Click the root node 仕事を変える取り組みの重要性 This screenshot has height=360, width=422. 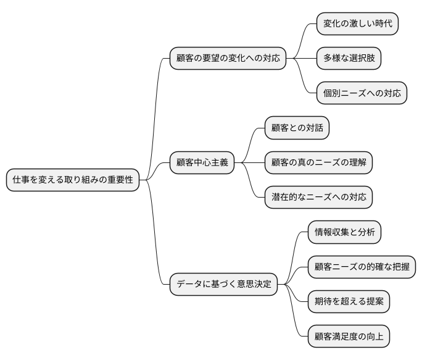(x=73, y=180)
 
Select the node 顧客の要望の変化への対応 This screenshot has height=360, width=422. (x=228, y=59)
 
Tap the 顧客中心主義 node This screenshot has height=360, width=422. (x=202, y=163)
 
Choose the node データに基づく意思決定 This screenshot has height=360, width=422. (x=223, y=285)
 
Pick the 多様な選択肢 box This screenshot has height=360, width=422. (x=349, y=59)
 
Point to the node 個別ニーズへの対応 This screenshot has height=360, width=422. (x=362, y=94)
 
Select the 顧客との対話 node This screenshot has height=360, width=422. (x=297, y=128)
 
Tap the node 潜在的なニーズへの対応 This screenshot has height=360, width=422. (x=319, y=198)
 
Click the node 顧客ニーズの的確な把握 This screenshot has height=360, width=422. (x=362, y=267)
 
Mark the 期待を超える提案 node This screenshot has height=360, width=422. (x=349, y=302)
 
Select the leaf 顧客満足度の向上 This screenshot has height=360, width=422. (x=349, y=337)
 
